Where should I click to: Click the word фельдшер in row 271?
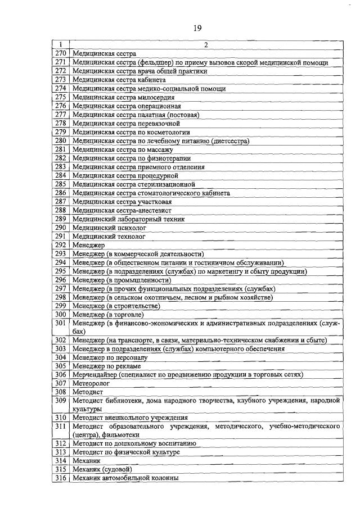[x=160, y=62]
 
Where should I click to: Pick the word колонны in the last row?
[x=163, y=478]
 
